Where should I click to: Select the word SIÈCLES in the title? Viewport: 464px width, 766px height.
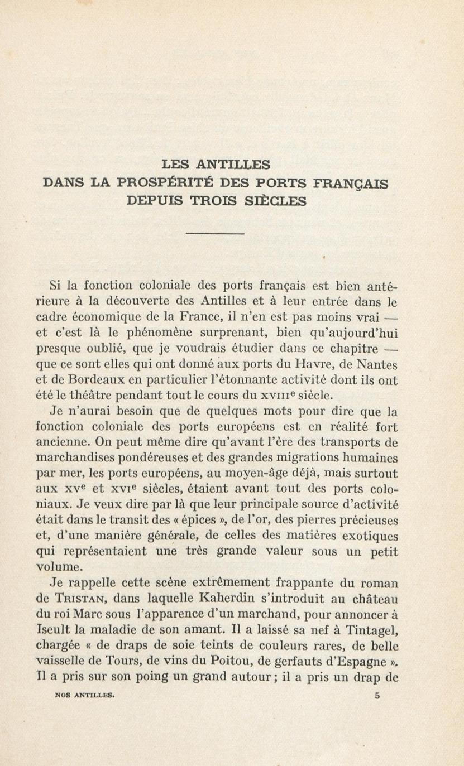point(275,201)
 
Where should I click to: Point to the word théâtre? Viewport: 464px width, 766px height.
point(92,396)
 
